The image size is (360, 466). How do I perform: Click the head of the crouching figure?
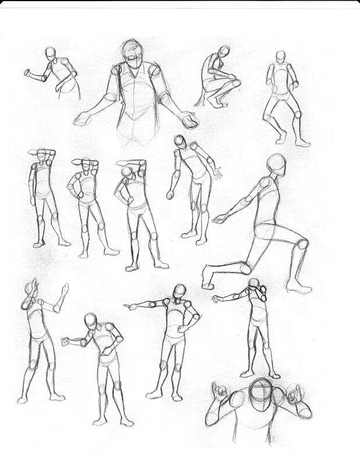point(224,51)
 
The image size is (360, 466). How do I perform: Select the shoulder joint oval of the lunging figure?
point(264,183)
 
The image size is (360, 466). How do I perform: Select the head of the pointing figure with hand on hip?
point(179,291)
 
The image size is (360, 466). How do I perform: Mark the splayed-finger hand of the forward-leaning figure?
point(217,173)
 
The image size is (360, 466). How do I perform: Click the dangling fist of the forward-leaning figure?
point(170,195)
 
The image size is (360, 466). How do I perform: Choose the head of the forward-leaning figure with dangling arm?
point(180,142)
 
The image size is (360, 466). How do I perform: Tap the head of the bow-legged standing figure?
point(281,57)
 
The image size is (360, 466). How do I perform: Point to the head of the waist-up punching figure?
point(51,53)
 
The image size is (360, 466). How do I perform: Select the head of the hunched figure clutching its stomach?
point(90,321)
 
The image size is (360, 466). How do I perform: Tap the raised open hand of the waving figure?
point(63,290)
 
